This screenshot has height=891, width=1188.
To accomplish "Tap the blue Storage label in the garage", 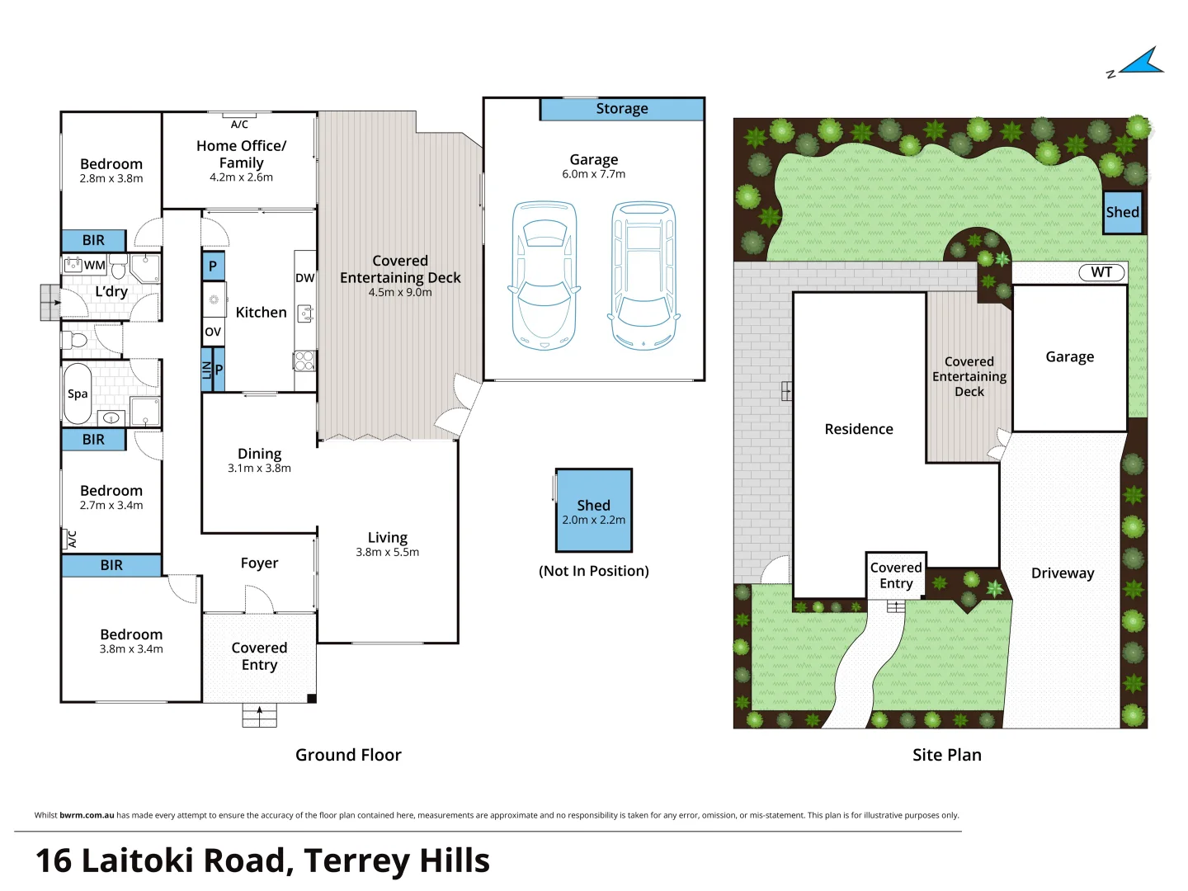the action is tap(622, 109).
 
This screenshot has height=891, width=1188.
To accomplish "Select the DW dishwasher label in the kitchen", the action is tap(304, 278).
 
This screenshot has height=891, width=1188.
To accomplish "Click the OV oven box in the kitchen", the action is tap(213, 332).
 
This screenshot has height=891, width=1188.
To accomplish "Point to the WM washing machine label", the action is tap(94, 265).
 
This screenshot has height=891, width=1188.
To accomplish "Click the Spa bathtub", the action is tap(78, 394).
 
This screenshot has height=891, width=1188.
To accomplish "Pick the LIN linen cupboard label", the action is tap(207, 370).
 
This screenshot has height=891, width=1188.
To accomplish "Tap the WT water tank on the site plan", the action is tap(1101, 272).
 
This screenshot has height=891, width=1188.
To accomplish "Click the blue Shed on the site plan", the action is tap(1123, 212).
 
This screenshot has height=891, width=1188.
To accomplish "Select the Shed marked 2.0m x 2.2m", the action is tap(594, 511).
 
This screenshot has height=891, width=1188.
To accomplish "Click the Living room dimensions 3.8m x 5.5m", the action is tap(388, 553).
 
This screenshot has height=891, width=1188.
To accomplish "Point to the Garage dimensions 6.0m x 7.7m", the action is tap(594, 174).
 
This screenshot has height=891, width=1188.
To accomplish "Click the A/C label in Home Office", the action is tap(239, 125).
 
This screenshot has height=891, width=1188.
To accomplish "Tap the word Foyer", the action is tap(259, 563).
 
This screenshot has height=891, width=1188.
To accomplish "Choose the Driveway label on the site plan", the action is tap(1063, 573).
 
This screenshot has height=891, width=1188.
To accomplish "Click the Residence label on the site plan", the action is tap(859, 429).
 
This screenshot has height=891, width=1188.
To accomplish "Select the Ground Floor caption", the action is tap(348, 755).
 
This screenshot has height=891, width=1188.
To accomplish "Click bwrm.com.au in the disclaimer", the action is tap(87, 815).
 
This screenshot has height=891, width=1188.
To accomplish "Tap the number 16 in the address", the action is tap(54, 860).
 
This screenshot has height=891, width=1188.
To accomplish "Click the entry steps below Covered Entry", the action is tap(259, 715).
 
